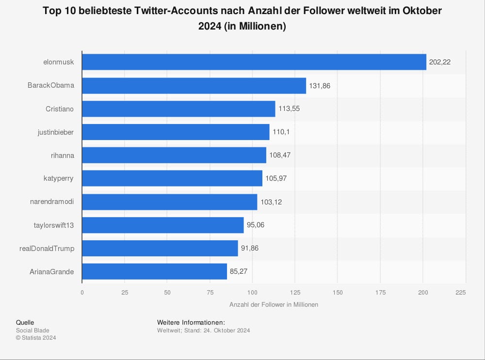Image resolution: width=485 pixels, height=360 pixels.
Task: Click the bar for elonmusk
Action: click(254, 62)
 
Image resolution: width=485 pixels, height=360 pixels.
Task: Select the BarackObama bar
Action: click(194, 86)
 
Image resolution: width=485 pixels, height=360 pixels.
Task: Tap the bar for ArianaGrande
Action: click(154, 271)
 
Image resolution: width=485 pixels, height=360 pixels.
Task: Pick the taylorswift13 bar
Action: click(163, 225)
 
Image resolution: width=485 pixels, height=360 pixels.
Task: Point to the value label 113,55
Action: click(289, 109)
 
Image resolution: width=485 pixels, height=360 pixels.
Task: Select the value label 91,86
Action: click(252, 248)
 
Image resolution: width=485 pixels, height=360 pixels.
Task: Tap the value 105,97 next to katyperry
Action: click(276, 178)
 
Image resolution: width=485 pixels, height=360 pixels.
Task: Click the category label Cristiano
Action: click(60, 109)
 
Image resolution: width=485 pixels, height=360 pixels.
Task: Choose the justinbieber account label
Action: click(56, 132)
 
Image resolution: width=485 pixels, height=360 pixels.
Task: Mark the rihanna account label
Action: click(62, 155)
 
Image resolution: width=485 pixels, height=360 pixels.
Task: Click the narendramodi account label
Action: click(52, 202)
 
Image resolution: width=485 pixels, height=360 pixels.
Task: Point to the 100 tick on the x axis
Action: click(252, 292)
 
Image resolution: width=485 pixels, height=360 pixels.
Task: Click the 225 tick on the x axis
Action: click(461, 292)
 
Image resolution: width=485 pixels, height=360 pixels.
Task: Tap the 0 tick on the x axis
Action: click(82, 292)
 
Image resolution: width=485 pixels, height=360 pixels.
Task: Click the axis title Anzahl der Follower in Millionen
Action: click(274, 305)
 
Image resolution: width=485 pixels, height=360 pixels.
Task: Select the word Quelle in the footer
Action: click(25, 323)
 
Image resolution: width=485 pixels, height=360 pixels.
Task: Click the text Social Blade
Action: click(32, 330)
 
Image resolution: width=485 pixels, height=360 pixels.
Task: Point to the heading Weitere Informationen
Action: click(191, 323)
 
